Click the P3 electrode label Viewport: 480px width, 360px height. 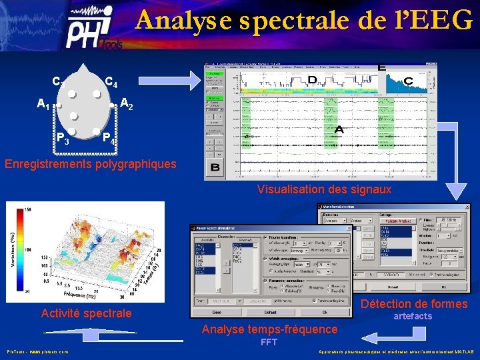click(63, 139)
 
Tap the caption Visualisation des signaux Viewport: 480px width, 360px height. click(324, 189)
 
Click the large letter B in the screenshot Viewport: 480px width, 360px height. click(215, 167)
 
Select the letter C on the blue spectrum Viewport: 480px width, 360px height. click(407, 81)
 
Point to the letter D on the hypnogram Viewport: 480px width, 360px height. click(311, 81)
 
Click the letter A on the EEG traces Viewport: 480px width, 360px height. click(339, 130)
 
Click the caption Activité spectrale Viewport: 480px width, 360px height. click(86, 313)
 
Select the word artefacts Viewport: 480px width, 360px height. click(413, 316)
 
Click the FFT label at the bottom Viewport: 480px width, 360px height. click(269, 343)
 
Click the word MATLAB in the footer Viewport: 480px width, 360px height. click(461, 351)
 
